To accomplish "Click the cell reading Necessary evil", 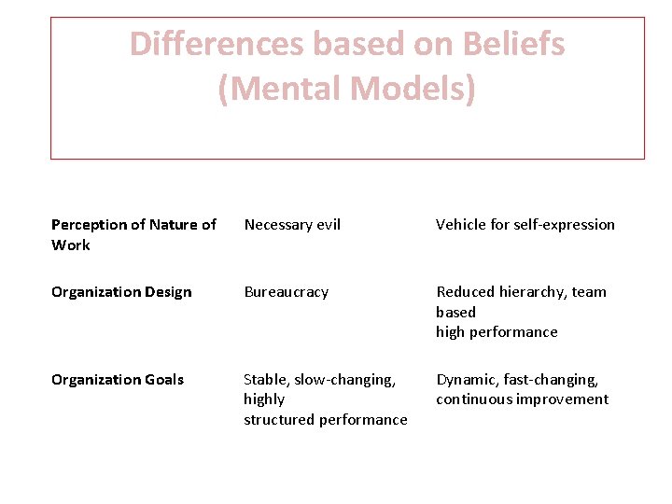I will point(292,225).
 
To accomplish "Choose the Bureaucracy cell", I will point(287,292).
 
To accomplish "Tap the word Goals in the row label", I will point(163,380).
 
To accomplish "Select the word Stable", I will point(265,380).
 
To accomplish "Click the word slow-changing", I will point(345,380).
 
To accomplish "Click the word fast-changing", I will point(554,380).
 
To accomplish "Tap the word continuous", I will point(473,399).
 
